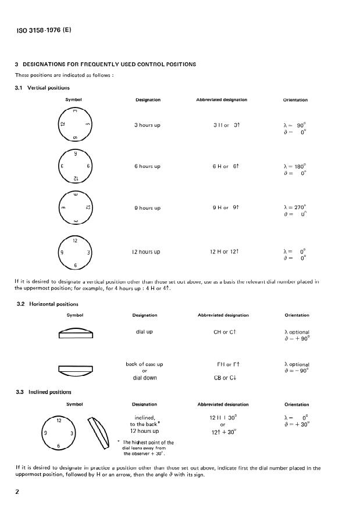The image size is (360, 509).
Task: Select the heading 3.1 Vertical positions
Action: point(42,88)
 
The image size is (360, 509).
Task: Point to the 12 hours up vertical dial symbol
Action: point(73,252)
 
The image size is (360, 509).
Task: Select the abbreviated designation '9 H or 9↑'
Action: point(226,207)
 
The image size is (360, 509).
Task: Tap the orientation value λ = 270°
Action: point(294,206)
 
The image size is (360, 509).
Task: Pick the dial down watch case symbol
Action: point(76,369)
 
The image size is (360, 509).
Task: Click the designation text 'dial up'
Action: point(144,332)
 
